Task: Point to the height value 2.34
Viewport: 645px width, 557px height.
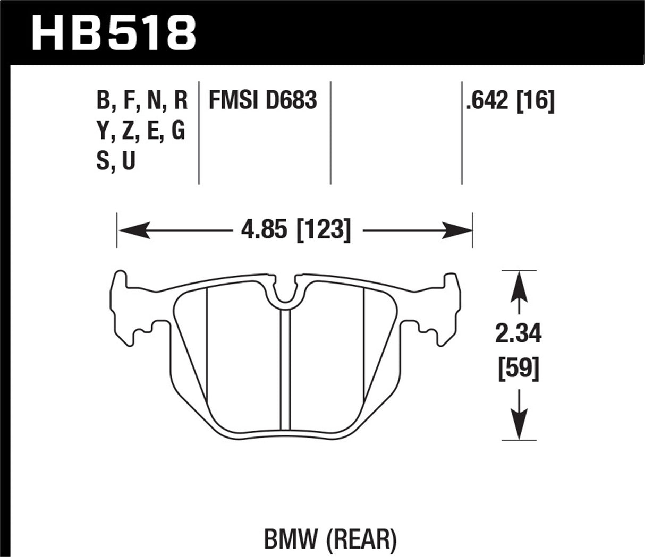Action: pos(518,335)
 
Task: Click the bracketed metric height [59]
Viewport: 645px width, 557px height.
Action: pos(518,367)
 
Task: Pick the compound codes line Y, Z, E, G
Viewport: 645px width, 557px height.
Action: pos(141,131)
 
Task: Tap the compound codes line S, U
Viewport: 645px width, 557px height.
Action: pos(116,160)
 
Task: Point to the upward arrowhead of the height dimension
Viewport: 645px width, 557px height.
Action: pos(518,284)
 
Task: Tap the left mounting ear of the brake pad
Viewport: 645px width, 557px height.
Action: pos(125,308)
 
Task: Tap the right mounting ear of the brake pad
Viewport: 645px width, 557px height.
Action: pos(446,308)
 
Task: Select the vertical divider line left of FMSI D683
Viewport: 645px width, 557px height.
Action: pos(199,133)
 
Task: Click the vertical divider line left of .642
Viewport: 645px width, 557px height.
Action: pos(461,133)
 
